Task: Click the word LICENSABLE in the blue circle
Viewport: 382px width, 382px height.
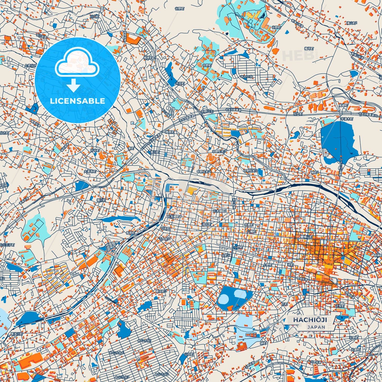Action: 77,101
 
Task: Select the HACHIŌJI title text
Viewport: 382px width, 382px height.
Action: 310,320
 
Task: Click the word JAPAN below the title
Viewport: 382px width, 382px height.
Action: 316,327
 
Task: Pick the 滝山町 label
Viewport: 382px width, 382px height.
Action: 352,23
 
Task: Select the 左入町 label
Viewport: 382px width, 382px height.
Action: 298,113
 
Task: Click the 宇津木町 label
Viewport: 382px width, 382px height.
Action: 347,119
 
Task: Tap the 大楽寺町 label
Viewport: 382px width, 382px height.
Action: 90,171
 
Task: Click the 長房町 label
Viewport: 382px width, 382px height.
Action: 131,233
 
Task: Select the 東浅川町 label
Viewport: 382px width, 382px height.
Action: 17,334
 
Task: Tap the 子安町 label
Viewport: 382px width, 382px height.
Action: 340,306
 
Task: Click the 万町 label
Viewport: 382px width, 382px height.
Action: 284,304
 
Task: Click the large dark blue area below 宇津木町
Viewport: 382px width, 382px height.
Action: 337,140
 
